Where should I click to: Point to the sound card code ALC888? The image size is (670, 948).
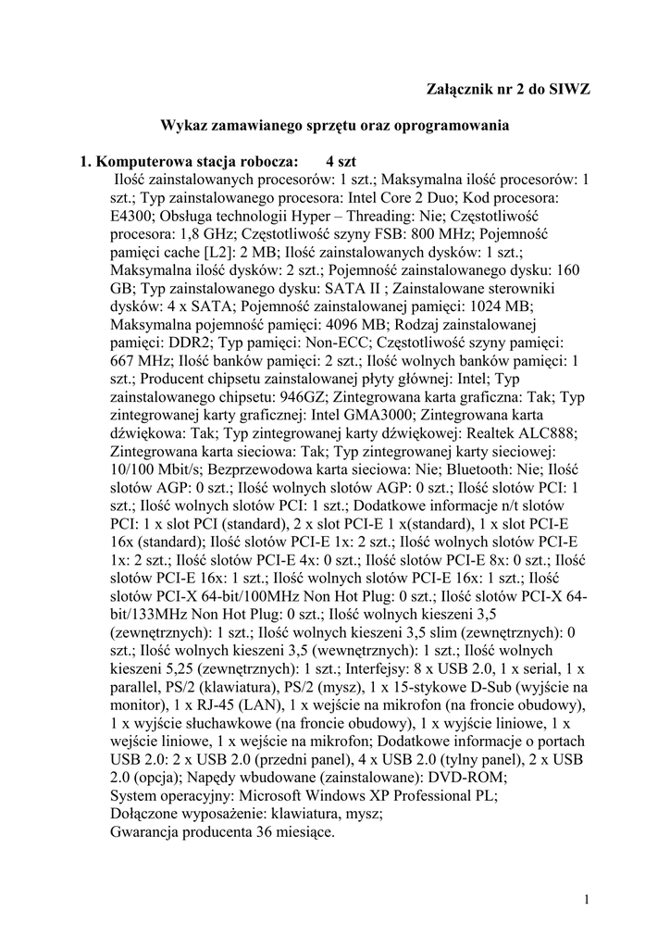click(x=550, y=433)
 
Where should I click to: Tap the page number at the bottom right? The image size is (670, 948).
click(x=588, y=898)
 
